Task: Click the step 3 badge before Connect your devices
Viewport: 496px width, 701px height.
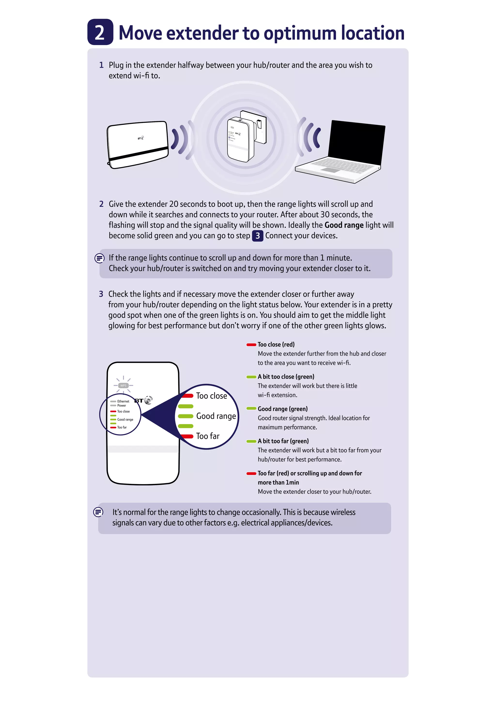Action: pyautogui.click(x=257, y=236)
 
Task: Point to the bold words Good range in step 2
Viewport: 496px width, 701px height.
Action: pyautogui.click(x=344, y=225)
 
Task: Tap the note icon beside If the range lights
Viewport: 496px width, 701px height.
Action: pyautogui.click(x=99, y=258)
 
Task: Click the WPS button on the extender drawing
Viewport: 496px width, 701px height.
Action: pyautogui.click(x=123, y=386)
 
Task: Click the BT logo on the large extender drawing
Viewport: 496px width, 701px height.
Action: pyautogui.click(x=143, y=400)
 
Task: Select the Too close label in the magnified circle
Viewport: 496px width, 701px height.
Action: pyautogui.click(x=211, y=396)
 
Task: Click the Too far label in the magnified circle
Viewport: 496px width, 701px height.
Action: pyautogui.click(x=208, y=436)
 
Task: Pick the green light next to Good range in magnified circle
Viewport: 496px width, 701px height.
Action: pyautogui.click(x=185, y=416)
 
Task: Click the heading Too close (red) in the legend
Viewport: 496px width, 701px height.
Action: pyautogui.click(x=276, y=344)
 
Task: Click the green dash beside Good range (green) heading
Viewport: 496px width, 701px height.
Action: pyautogui.click(x=251, y=409)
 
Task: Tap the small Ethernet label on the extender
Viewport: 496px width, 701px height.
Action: pyautogui.click(x=123, y=401)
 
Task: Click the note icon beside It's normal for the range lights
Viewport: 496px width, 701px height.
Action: pyautogui.click(x=98, y=512)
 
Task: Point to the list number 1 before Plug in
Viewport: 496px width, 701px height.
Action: pyautogui.click(x=101, y=65)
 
